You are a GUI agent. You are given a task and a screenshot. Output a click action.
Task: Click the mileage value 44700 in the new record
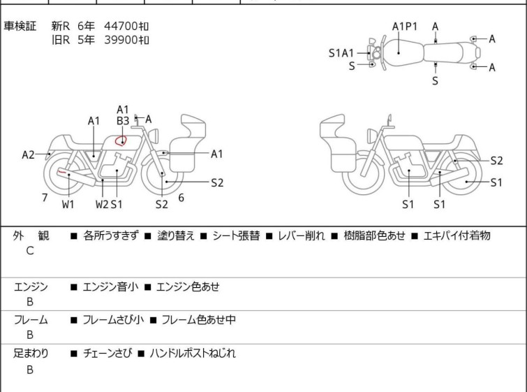coord(121,27)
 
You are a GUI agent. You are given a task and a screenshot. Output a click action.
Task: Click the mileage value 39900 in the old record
coord(121,40)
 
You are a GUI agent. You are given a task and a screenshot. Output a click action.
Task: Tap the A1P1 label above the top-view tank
coord(404,27)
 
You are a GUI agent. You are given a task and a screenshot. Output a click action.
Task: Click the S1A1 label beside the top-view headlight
coord(341,52)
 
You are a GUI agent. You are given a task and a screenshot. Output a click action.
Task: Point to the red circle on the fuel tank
coord(121,140)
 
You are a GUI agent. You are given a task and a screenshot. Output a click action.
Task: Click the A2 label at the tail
coord(28,154)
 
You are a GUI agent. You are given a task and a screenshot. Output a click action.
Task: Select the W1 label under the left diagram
coord(68,205)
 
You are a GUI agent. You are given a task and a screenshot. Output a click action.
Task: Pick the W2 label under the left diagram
coord(102,205)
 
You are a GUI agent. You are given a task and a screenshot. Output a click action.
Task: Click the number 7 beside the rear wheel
coord(45,198)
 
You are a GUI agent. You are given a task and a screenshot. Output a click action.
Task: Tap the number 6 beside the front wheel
coord(181,198)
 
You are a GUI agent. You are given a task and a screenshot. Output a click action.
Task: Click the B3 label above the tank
coord(123,121)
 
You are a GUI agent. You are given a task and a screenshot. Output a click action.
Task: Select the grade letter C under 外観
coord(30,251)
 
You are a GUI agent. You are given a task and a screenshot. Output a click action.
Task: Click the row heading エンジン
coord(31,286)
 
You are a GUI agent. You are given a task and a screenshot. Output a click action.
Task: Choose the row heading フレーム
coord(31,320)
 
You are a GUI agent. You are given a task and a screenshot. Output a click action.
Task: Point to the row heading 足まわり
coord(31,354)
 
